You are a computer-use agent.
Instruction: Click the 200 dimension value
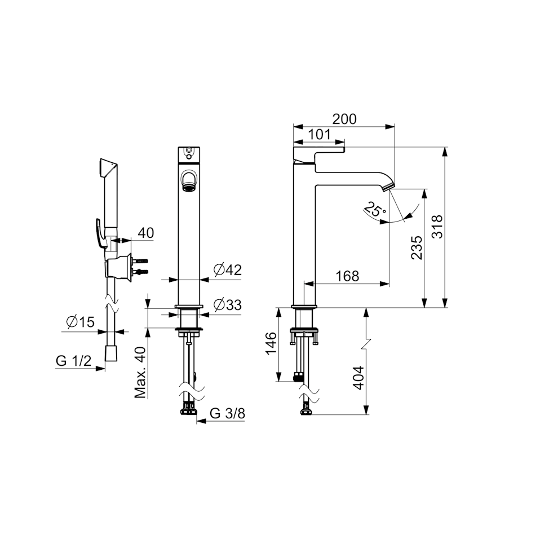344,119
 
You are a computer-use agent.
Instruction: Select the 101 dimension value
319,134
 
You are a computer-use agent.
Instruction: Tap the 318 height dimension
437,227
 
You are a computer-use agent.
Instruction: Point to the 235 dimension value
417,247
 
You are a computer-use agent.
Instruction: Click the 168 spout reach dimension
347,276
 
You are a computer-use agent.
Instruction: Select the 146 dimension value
271,343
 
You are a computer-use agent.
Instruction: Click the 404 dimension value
358,378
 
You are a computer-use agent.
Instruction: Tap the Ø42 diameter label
227,269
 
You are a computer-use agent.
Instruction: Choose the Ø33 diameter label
227,305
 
